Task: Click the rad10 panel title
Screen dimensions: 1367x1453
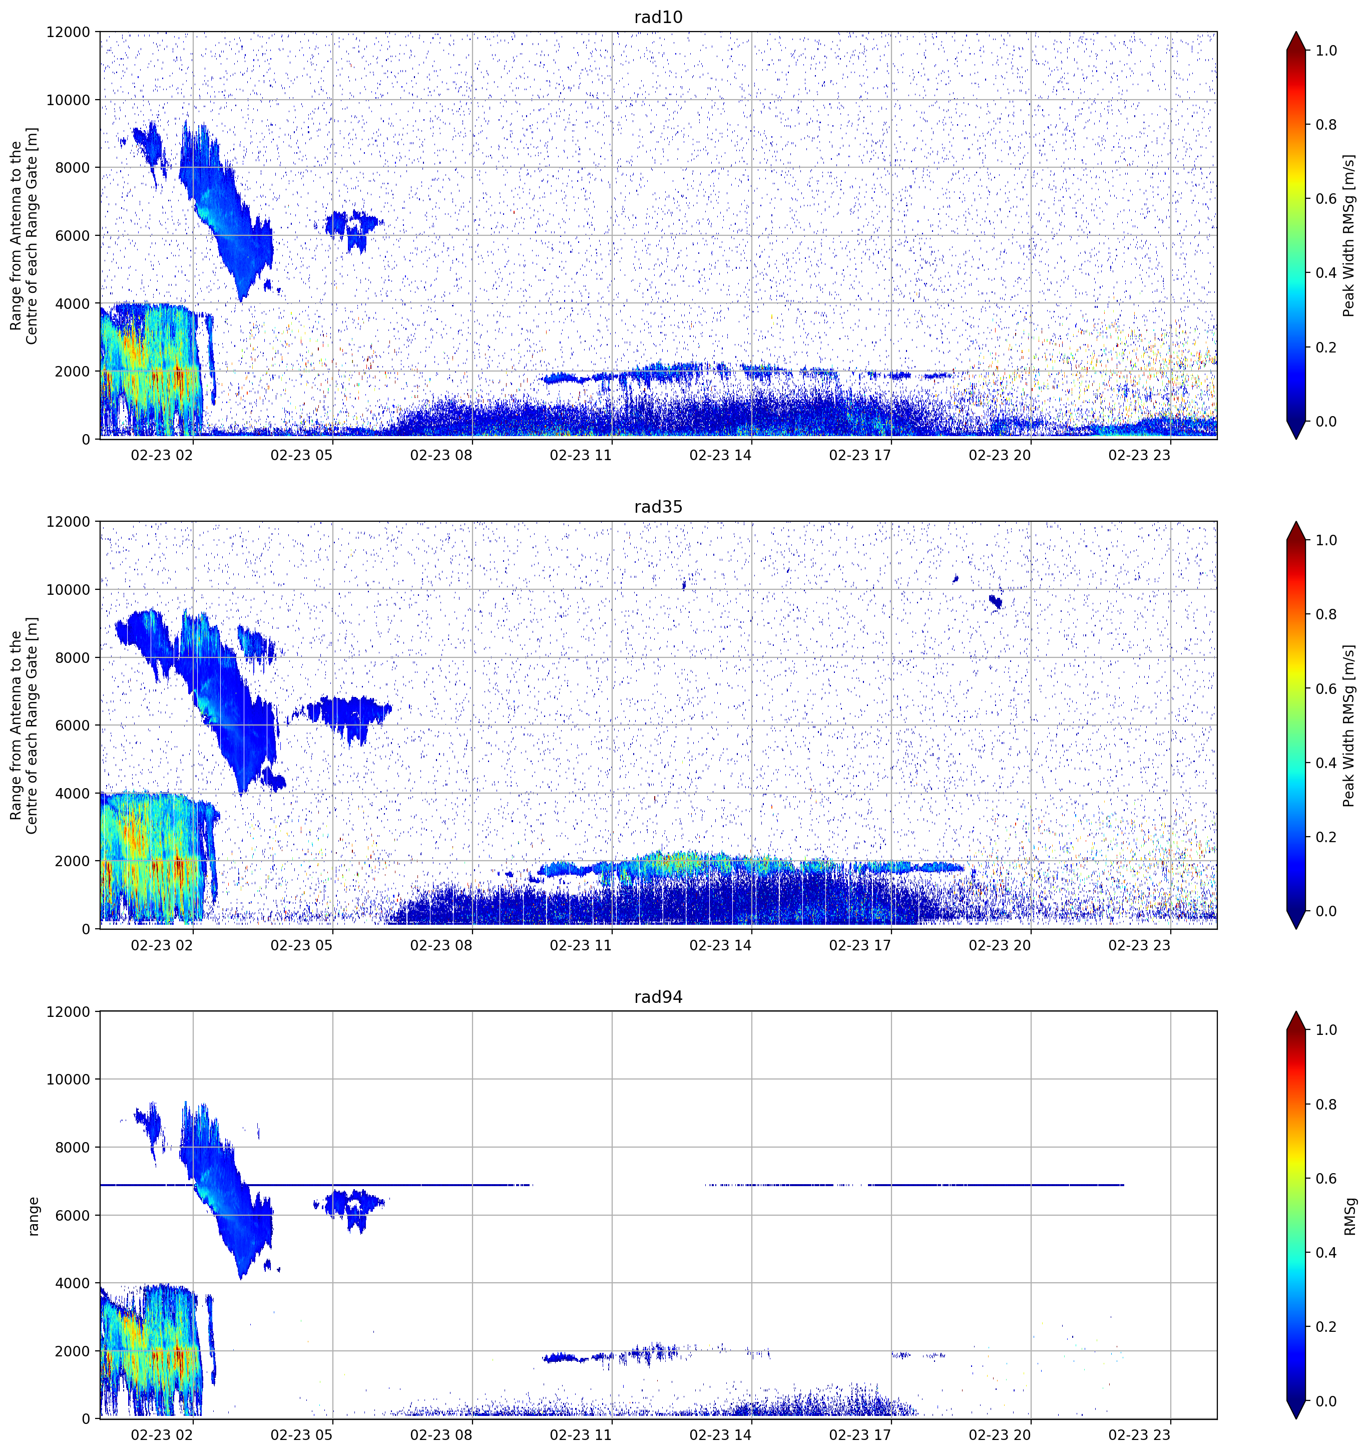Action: tap(658, 17)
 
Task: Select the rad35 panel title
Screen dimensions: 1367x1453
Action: tap(658, 507)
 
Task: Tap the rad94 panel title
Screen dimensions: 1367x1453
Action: tap(658, 997)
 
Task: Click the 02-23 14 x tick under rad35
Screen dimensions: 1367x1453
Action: tap(720, 945)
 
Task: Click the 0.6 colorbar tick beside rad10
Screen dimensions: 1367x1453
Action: tap(1326, 199)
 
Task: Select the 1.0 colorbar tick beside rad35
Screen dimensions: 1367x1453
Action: tap(1326, 540)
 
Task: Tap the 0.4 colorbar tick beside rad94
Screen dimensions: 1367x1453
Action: tap(1326, 1253)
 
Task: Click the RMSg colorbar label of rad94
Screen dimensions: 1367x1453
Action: tap(1349, 1216)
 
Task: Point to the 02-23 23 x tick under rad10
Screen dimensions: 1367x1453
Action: tap(1139, 455)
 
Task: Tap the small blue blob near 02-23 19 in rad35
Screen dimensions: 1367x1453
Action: tap(995, 601)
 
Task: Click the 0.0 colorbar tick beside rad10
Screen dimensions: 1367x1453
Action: tap(1326, 422)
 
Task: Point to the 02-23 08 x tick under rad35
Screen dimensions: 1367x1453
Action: tap(441, 945)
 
